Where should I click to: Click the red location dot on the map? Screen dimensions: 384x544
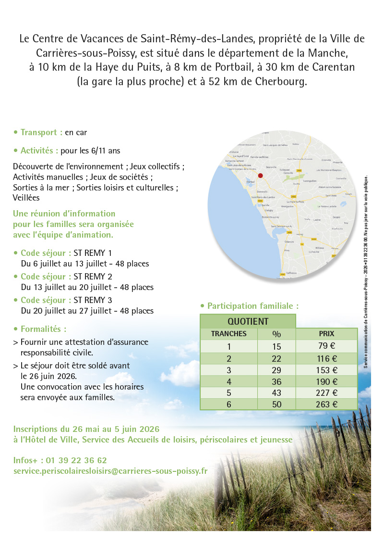261,176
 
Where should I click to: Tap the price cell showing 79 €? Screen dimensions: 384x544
326,346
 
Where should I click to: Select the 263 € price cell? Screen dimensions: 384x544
326,405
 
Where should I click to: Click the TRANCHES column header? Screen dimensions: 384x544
229,334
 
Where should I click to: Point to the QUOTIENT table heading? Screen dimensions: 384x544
248,321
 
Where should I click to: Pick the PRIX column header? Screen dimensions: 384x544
326,334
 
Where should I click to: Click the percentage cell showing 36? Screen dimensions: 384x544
276,382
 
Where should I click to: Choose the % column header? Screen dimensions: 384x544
276,334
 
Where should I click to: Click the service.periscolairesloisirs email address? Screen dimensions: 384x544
110,471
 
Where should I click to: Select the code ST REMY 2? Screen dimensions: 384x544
93,277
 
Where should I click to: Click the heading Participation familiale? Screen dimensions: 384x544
252,306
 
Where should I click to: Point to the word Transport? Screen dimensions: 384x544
41,132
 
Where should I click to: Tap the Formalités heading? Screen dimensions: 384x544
43,329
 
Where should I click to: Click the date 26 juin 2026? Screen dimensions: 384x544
48,376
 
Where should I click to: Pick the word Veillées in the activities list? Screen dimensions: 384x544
26,197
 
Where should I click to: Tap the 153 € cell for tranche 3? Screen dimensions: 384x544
326,370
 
